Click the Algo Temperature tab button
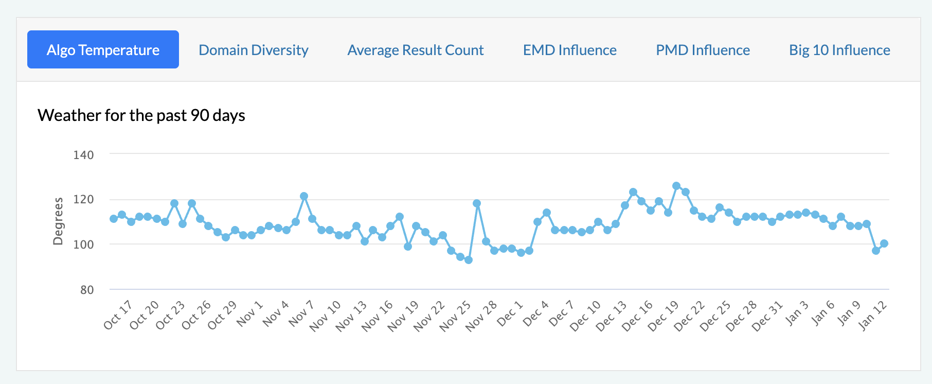tap(103, 50)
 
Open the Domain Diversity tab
tap(253, 50)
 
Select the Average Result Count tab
tap(415, 50)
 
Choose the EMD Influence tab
tap(569, 50)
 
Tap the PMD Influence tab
tap(703, 50)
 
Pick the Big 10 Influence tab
tap(839, 50)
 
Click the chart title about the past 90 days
tap(141, 115)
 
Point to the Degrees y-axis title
tap(58, 221)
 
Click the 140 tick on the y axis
tap(84, 155)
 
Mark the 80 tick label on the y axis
tap(87, 290)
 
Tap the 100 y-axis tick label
tap(84, 245)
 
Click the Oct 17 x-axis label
tap(118, 315)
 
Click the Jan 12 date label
tap(873, 315)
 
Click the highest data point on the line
tap(676, 186)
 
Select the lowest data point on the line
tap(469, 260)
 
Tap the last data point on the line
tap(884, 243)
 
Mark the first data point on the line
tap(114, 219)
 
